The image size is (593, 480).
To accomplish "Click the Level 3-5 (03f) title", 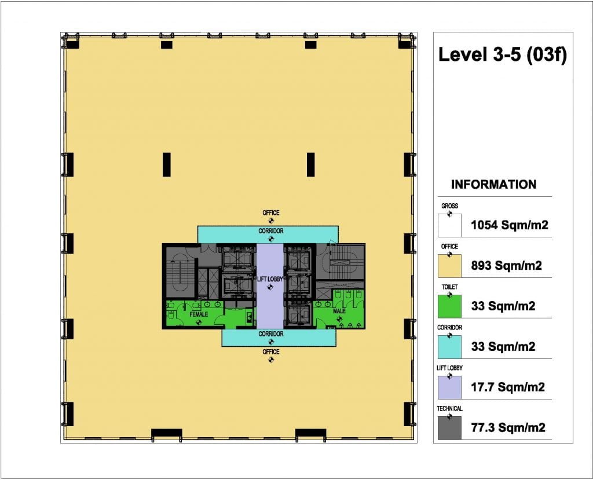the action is tap(503, 55).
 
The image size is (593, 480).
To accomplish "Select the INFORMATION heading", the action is tap(493, 184).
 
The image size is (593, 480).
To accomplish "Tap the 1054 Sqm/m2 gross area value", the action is tap(510, 225).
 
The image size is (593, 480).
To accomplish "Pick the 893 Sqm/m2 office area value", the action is tap(506, 266).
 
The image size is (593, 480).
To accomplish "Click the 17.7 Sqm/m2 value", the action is tap(507, 387).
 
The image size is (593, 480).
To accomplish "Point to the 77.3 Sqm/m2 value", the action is tap(508, 427).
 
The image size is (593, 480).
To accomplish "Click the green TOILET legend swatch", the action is tap(449, 306).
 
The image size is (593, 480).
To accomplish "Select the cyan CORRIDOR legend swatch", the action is tap(449, 347).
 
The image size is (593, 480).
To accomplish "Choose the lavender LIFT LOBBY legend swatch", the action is tap(449, 387).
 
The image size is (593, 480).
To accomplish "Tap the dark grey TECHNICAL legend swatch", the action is tap(449, 428).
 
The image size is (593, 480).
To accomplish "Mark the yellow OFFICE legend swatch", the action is tap(449, 266).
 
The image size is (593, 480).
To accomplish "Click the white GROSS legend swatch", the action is tap(449, 225).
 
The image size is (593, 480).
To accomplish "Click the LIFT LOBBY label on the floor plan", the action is tap(270, 279).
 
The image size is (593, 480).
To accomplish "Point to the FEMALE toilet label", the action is tap(199, 314).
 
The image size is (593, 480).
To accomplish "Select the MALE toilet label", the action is tap(339, 311).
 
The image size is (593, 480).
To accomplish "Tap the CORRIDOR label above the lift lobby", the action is tap(271, 230).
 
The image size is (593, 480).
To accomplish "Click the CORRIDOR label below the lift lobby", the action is tap(271, 334).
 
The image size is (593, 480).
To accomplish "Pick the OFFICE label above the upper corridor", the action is tap(271, 213).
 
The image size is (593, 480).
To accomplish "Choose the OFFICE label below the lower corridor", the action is tap(271, 352).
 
